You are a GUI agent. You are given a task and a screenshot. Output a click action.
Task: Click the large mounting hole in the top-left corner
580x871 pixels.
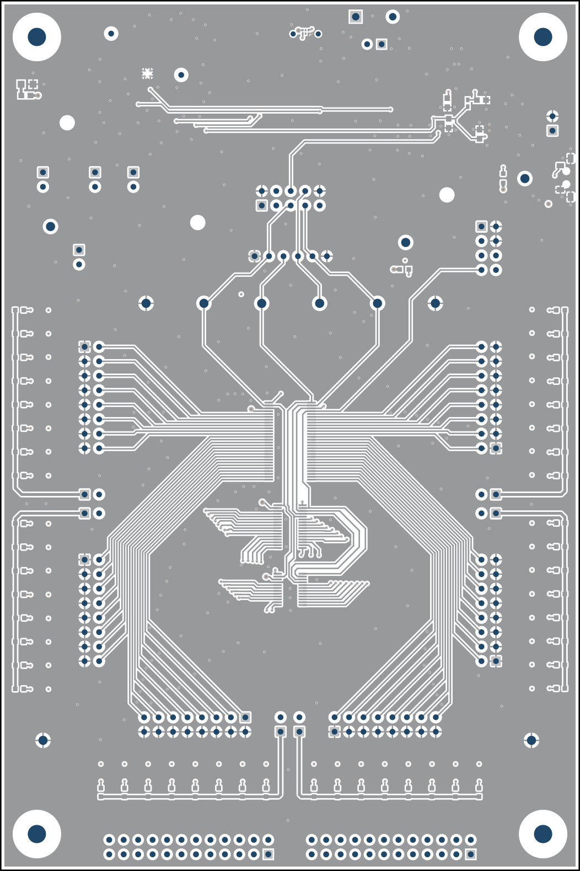point(37,37)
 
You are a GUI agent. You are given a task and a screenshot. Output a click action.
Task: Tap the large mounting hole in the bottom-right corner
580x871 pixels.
point(543,834)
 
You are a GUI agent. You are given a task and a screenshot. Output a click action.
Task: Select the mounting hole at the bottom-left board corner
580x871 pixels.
point(37,834)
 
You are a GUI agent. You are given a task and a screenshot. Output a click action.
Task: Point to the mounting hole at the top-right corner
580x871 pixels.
point(543,37)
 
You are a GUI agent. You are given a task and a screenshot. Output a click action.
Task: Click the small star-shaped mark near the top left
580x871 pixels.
point(147,73)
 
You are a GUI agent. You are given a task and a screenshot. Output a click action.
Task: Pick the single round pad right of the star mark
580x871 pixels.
point(181,74)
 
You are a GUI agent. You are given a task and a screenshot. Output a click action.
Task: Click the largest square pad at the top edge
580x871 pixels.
point(356,17)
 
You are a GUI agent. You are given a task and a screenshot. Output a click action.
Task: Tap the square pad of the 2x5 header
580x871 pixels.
point(262,205)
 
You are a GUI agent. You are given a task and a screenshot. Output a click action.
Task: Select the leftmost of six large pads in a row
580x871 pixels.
point(146,303)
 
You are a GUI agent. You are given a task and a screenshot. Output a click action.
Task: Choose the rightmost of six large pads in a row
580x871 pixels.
point(435,303)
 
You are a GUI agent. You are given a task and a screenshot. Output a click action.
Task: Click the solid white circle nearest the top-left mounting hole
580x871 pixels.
point(67,122)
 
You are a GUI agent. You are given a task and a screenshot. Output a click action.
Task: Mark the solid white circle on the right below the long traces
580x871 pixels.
point(447,195)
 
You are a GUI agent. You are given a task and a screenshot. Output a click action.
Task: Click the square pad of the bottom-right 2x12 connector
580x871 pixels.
point(470,854)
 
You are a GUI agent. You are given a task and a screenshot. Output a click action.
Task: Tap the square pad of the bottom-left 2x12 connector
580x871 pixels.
point(268,854)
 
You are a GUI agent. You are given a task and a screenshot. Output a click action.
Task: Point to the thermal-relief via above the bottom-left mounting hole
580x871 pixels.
point(43,740)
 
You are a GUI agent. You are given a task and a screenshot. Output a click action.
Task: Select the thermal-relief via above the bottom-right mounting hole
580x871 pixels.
point(531,740)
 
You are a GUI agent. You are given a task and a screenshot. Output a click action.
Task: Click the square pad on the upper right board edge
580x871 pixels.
point(552,131)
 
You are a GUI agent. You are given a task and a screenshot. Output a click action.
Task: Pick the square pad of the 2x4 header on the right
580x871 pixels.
point(481,226)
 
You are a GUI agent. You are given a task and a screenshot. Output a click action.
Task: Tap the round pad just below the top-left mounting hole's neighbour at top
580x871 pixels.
point(111,34)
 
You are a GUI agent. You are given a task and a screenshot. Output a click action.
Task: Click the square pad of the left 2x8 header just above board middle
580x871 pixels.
point(84,346)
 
